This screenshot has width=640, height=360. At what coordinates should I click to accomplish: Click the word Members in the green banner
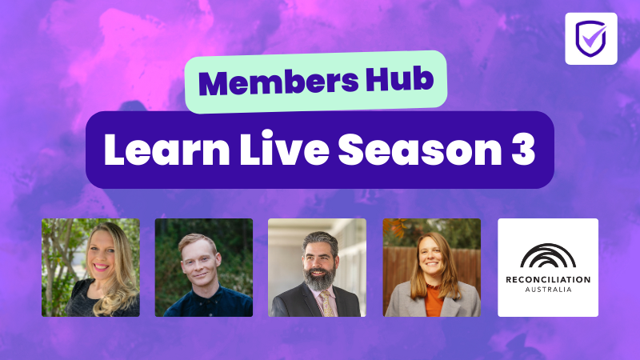click(x=278, y=82)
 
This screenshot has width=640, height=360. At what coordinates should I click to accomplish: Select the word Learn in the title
click(x=167, y=149)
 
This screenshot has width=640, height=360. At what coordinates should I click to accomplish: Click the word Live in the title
click(x=284, y=149)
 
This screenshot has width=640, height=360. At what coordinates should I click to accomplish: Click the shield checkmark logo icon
click(x=591, y=38)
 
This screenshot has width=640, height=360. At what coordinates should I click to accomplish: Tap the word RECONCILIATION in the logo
click(x=548, y=280)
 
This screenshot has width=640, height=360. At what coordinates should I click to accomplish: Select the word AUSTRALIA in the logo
click(x=548, y=290)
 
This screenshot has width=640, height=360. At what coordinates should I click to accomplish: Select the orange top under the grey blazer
click(x=434, y=301)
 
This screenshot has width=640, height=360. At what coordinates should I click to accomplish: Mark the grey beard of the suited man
click(x=319, y=278)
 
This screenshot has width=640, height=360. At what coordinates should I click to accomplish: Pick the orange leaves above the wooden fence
click(x=395, y=227)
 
